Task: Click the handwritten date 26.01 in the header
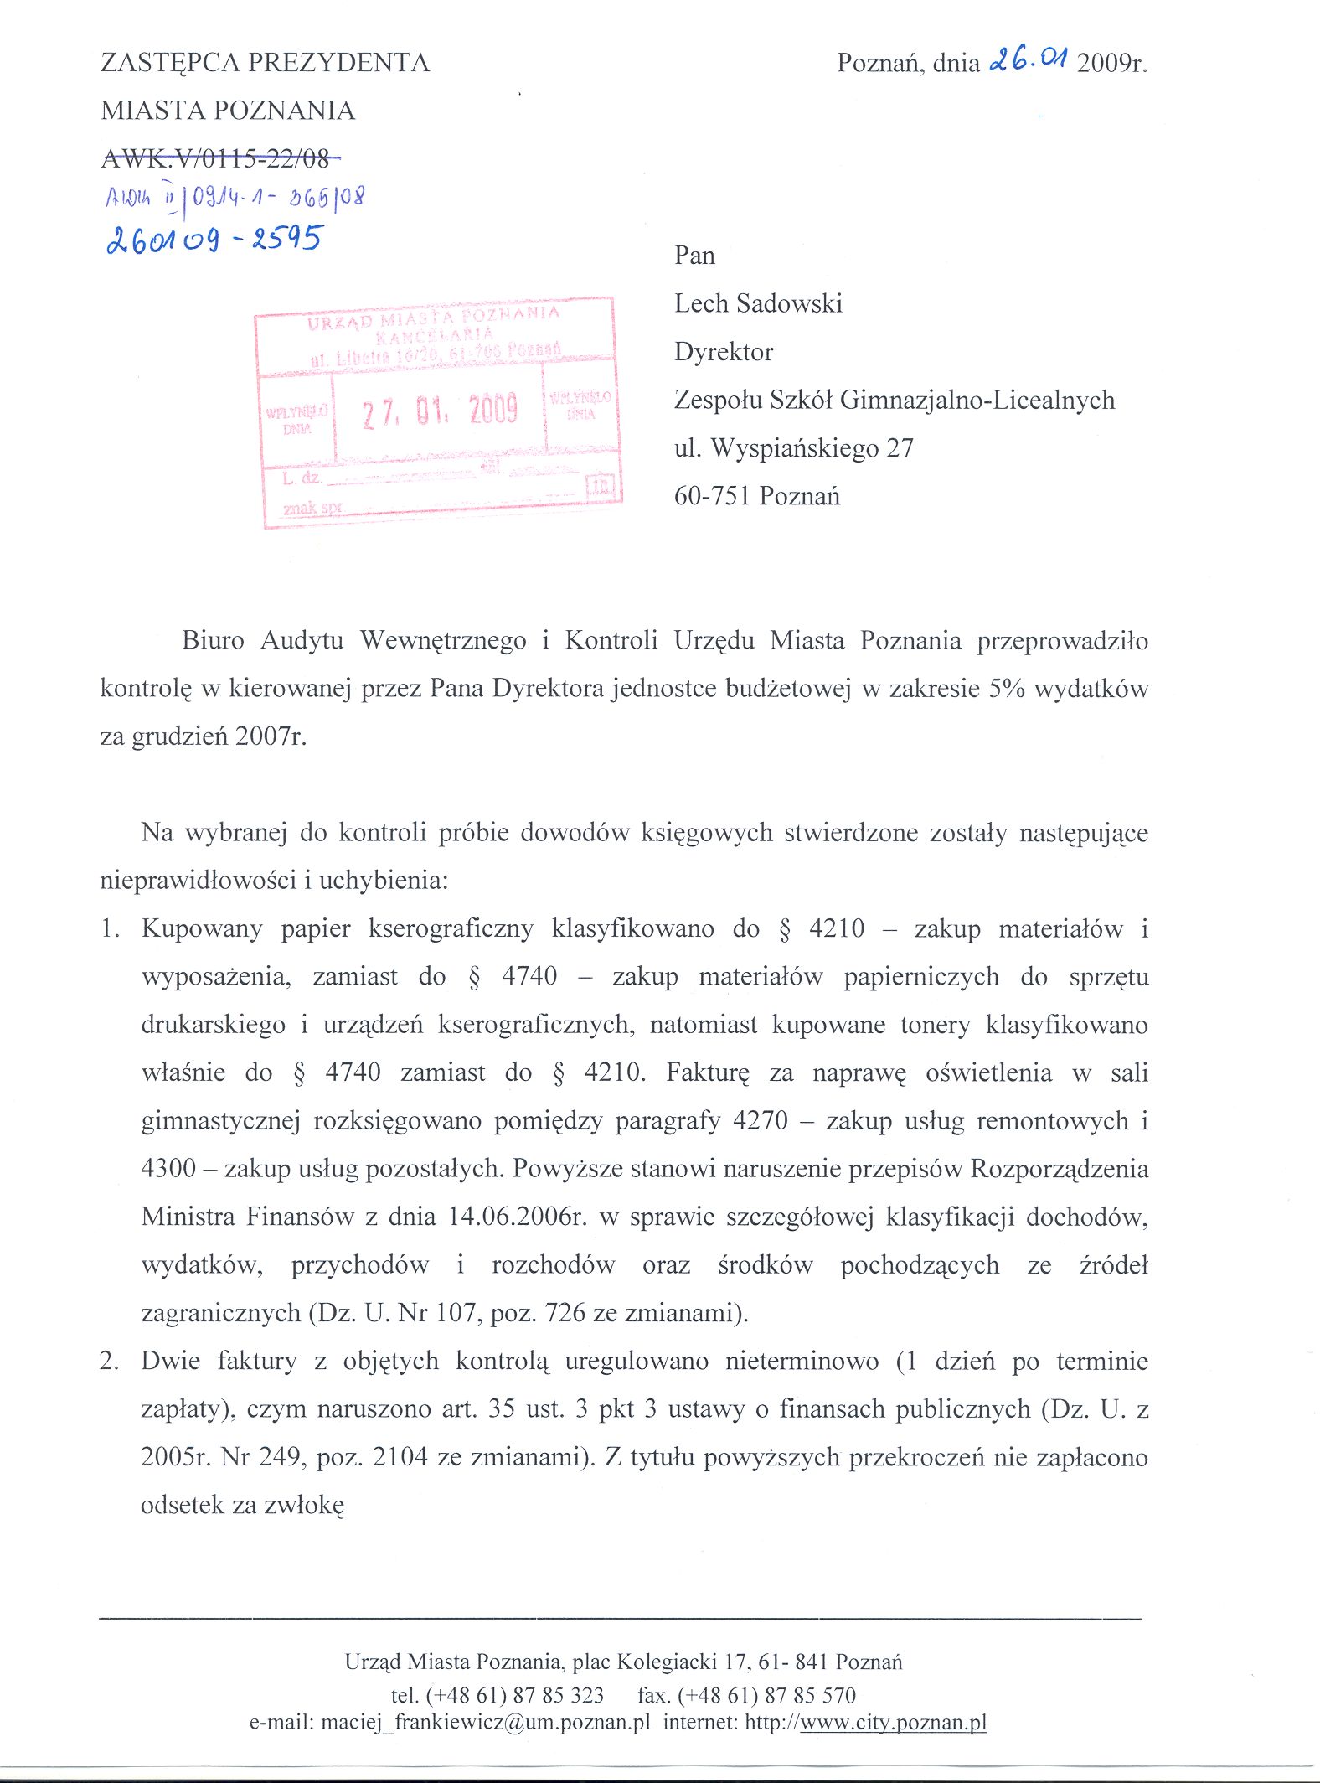click(1029, 60)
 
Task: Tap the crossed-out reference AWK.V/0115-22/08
click(220, 157)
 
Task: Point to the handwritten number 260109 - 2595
click(214, 240)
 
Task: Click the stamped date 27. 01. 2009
click(440, 411)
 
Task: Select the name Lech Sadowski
click(758, 303)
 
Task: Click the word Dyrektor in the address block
click(724, 352)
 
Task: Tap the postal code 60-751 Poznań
click(756, 496)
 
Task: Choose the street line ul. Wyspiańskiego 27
click(793, 448)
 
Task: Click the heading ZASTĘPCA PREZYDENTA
click(265, 63)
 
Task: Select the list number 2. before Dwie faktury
click(109, 1361)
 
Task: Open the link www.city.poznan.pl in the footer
click(893, 1723)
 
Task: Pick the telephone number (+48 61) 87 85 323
click(514, 1696)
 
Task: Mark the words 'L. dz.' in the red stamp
click(301, 478)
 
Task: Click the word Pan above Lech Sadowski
click(694, 256)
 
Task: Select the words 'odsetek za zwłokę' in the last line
click(242, 1505)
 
